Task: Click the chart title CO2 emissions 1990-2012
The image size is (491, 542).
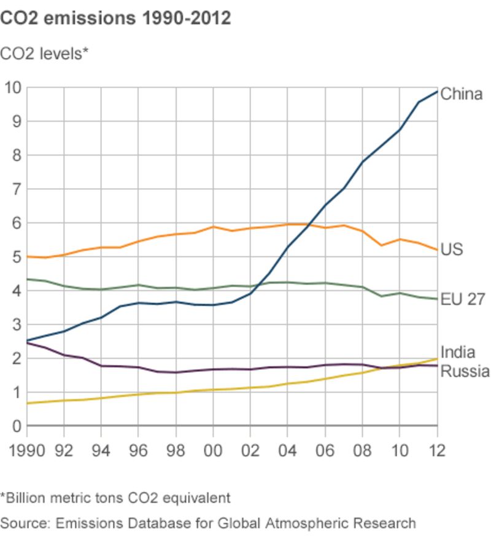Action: [x=115, y=18]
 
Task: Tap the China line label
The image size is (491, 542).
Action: [x=462, y=94]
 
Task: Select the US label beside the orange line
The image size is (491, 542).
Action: [x=452, y=249]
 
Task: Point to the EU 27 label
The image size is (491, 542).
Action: [x=463, y=299]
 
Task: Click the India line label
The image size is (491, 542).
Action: [x=458, y=353]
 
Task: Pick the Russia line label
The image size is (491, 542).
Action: [x=465, y=371]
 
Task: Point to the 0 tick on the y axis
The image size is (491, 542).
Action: [x=17, y=426]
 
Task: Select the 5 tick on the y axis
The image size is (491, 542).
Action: [x=17, y=257]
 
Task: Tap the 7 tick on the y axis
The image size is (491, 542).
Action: [x=17, y=189]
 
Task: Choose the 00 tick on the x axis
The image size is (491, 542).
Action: [x=213, y=450]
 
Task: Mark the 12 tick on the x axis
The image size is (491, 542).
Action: [x=436, y=450]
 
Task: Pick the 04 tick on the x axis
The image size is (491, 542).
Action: [x=288, y=450]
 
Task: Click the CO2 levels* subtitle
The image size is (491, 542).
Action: [x=45, y=53]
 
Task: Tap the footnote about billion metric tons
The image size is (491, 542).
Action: [x=115, y=497]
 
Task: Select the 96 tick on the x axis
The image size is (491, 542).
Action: [x=139, y=450]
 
